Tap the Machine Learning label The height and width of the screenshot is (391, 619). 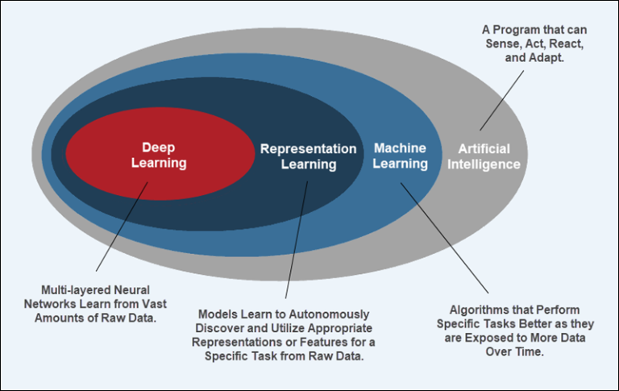(400, 156)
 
